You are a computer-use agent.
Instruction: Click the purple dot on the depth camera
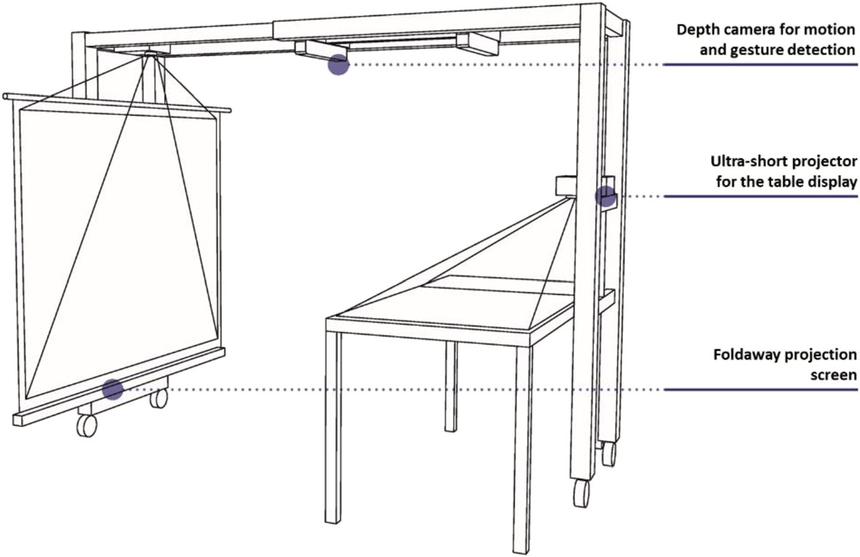(339, 65)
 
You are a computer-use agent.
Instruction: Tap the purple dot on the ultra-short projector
(606, 196)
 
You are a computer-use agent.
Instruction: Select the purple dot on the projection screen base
(113, 389)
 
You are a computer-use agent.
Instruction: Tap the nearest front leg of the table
(521, 449)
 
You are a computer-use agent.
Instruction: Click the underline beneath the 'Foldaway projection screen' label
(760, 390)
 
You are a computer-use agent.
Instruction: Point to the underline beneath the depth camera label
(760, 65)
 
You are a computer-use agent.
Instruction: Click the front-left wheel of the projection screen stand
(87, 425)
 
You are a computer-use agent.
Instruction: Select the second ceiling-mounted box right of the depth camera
(478, 44)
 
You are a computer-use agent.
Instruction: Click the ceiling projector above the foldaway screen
(150, 54)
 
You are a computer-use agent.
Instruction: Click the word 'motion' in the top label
(829, 30)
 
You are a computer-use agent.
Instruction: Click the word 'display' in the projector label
(829, 182)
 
